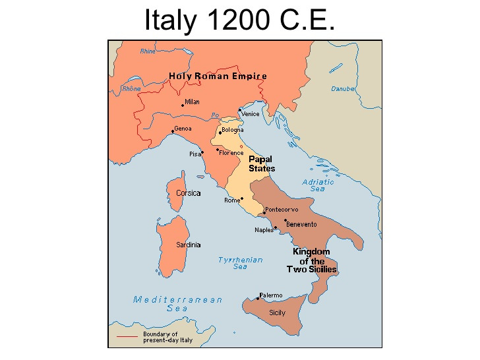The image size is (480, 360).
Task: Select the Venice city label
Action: pyautogui.click(x=251, y=114)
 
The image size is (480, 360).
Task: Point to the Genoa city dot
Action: pyautogui.click(x=173, y=131)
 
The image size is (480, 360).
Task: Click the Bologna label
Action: pyautogui.click(x=232, y=130)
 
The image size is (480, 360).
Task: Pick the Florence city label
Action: pyautogui.click(x=231, y=153)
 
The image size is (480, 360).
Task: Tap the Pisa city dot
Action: pyautogui.click(x=202, y=152)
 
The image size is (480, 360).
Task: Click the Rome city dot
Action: pyautogui.click(x=241, y=198)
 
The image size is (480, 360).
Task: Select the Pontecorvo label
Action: pyautogui.click(x=282, y=210)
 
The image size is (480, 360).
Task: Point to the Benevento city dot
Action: pyautogui.click(x=285, y=221)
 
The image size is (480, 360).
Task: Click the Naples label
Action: pyautogui.click(x=264, y=230)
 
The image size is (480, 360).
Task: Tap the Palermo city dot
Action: pyautogui.click(x=258, y=299)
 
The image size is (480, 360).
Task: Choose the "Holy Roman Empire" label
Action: pyautogui.click(x=218, y=76)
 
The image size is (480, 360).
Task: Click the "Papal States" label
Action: pyautogui.click(x=262, y=164)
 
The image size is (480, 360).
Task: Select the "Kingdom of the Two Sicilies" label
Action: pyautogui.click(x=311, y=260)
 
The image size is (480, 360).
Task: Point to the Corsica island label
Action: pyautogui.click(x=188, y=193)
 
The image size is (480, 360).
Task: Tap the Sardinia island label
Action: pyautogui.click(x=188, y=245)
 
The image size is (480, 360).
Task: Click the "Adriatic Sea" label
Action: pyautogui.click(x=318, y=185)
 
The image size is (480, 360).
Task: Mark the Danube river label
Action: pyautogui.click(x=343, y=88)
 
